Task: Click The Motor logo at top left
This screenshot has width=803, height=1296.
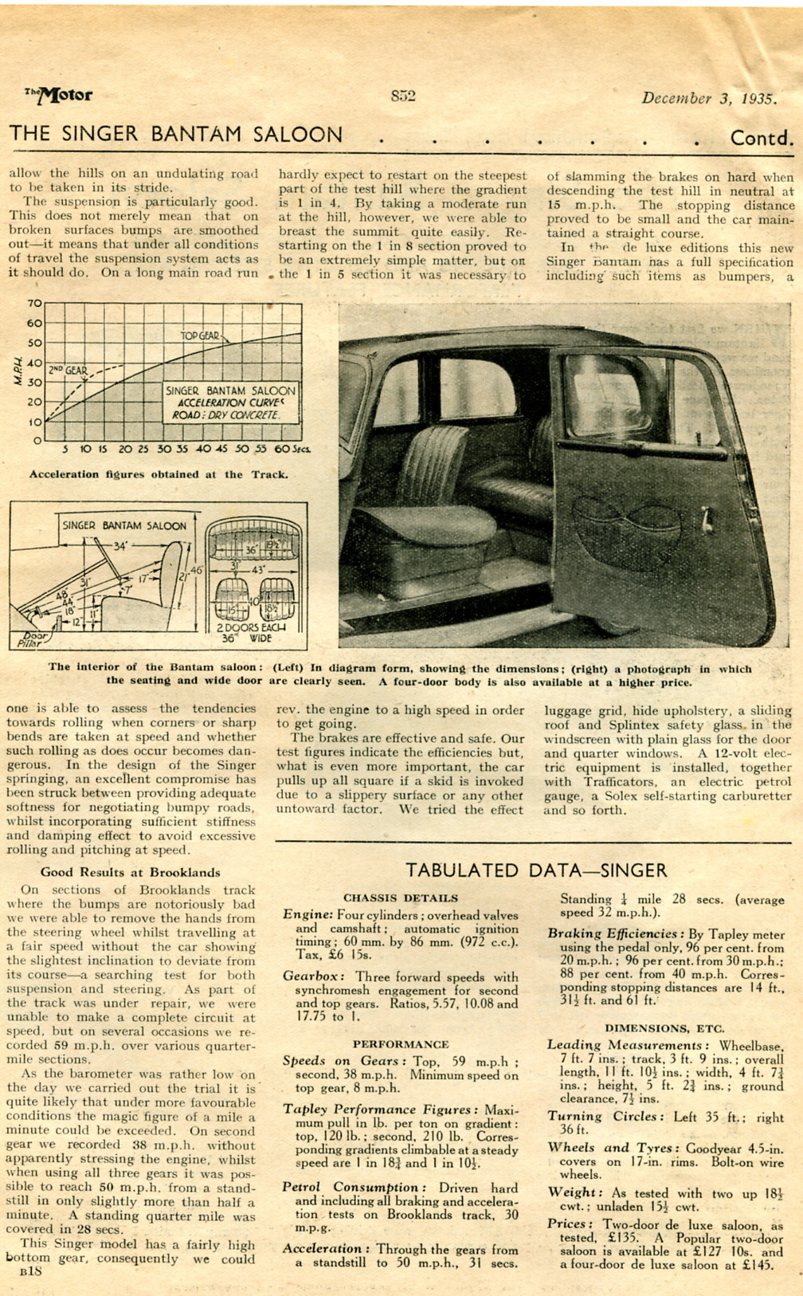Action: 59,96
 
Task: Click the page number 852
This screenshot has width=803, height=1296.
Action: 403,96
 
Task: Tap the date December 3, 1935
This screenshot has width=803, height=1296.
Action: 708,99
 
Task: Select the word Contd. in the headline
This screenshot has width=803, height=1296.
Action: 762,139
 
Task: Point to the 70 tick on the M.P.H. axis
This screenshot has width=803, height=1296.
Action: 33,304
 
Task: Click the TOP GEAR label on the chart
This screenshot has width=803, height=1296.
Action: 200,336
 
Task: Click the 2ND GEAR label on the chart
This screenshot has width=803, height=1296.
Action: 67,371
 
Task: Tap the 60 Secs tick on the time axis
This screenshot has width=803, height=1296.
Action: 284,450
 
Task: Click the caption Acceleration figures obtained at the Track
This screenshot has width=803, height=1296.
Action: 158,475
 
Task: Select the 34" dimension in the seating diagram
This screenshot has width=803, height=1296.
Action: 119,547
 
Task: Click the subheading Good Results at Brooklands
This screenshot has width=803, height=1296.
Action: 130,872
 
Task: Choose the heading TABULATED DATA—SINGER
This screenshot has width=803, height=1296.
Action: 536,870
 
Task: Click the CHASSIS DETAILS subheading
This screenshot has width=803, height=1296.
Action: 401,898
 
